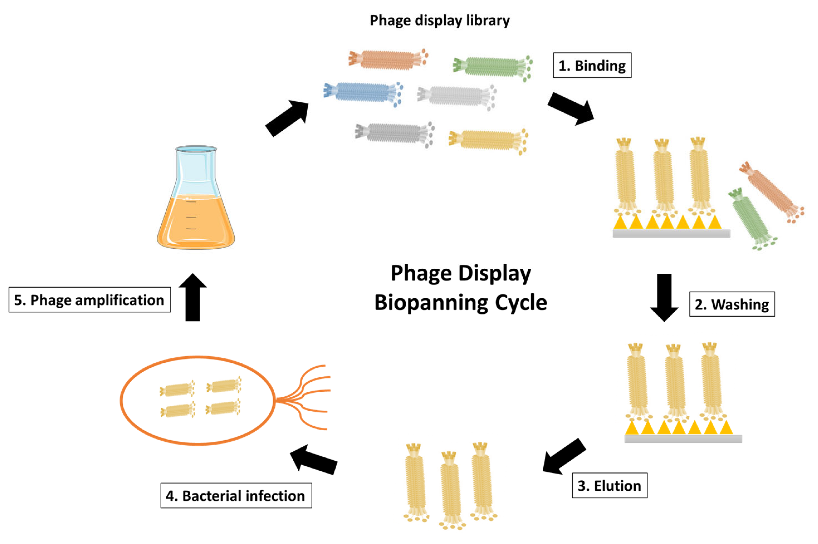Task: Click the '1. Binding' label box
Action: [x=592, y=65]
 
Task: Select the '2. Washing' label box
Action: [x=732, y=304]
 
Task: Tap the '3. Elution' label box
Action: [x=609, y=485]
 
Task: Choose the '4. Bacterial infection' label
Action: [x=236, y=496]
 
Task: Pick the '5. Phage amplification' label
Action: [x=90, y=300]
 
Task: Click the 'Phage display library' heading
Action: [x=439, y=20]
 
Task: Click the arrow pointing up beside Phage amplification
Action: [x=193, y=298]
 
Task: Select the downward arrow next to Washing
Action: [x=664, y=297]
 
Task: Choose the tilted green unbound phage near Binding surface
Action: [x=750, y=218]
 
